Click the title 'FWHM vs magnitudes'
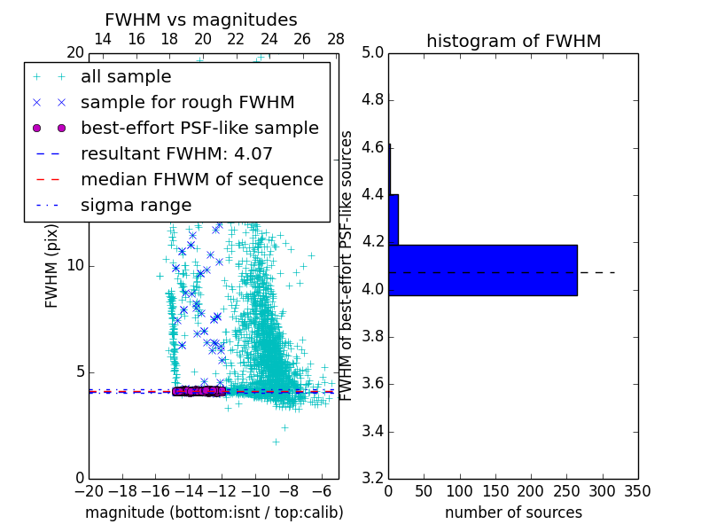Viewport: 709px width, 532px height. point(201,20)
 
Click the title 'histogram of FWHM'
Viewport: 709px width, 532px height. point(513,41)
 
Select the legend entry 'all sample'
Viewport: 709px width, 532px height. point(126,77)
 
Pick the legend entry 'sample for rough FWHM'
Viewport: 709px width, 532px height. point(187,102)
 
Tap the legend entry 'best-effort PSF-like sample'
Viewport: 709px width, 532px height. point(199,128)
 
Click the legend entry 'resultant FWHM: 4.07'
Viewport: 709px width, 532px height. point(176,153)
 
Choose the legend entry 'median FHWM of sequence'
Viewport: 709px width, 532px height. point(201,179)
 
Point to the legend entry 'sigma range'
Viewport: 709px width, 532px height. point(136,205)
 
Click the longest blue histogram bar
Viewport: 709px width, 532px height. point(483,270)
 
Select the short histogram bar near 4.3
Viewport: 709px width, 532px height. point(393,219)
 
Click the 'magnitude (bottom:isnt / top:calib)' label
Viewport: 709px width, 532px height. point(214,512)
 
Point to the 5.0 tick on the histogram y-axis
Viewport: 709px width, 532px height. point(373,53)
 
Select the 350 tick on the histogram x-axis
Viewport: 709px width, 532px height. point(637,491)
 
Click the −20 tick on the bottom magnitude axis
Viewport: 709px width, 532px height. point(89,491)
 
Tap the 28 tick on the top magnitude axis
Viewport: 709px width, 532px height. point(336,39)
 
